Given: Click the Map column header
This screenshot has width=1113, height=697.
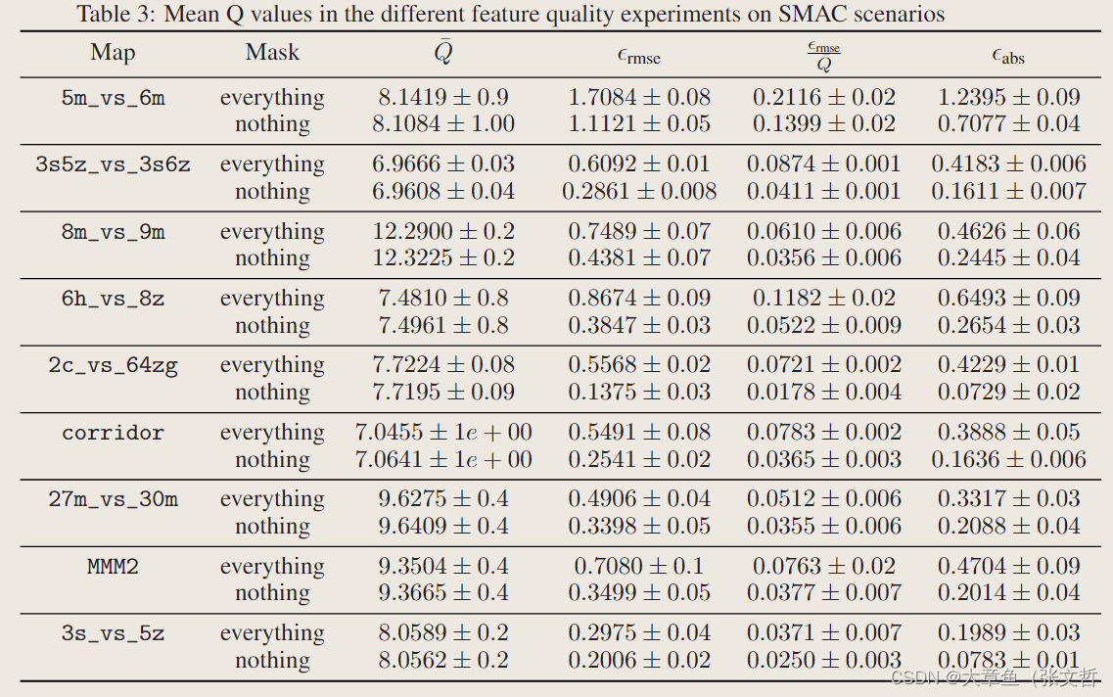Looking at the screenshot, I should [x=113, y=53].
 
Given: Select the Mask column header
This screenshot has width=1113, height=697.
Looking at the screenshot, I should [x=272, y=53].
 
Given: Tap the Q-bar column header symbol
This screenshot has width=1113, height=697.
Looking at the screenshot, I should [x=443, y=53].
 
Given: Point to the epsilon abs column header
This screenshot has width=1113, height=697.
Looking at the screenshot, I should [x=1008, y=56].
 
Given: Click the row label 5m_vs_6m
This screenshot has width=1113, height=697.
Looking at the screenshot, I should [x=113, y=98].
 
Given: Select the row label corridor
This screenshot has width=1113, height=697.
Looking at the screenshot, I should [x=113, y=433].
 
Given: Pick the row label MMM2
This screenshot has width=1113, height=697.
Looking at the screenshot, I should [x=113, y=567].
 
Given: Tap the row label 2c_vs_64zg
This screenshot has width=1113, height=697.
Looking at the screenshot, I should [x=113, y=365].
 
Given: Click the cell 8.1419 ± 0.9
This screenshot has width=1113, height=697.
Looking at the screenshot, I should [x=443, y=98].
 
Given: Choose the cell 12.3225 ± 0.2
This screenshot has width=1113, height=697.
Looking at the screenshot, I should [x=443, y=258].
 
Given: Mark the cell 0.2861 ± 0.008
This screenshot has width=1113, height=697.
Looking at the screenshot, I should [x=639, y=192].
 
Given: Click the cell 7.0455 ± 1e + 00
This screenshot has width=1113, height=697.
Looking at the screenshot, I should [x=443, y=433].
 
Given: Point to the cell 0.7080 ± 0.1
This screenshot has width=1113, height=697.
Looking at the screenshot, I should [x=639, y=567].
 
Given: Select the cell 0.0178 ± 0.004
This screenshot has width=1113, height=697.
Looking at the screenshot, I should [x=824, y=393].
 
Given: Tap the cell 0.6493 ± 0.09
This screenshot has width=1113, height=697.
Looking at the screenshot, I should [x=1008, y=299].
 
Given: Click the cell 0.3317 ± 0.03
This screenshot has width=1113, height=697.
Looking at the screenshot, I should [x=1008, y=499].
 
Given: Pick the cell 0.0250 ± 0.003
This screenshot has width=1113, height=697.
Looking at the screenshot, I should [x=824, y=661].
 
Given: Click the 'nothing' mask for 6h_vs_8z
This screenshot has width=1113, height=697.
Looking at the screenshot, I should [x=272, y=326].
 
